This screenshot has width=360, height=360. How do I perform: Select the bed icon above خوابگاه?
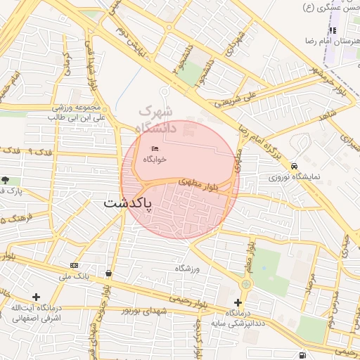[x=155, y=148]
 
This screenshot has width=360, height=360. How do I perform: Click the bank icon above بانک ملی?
[x=74, y=265]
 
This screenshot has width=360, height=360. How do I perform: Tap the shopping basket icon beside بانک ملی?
[x=108, y=273]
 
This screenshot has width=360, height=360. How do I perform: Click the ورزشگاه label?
[x=188, y=269]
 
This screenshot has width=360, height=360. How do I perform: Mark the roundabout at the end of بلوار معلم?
[x=245, y=284]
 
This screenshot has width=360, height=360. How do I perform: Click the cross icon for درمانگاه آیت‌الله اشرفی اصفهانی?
[x=36, y=297]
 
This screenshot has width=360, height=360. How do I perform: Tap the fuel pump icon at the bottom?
[x=302, y=355]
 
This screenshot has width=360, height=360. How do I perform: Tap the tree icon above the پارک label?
[x=6, y=181]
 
